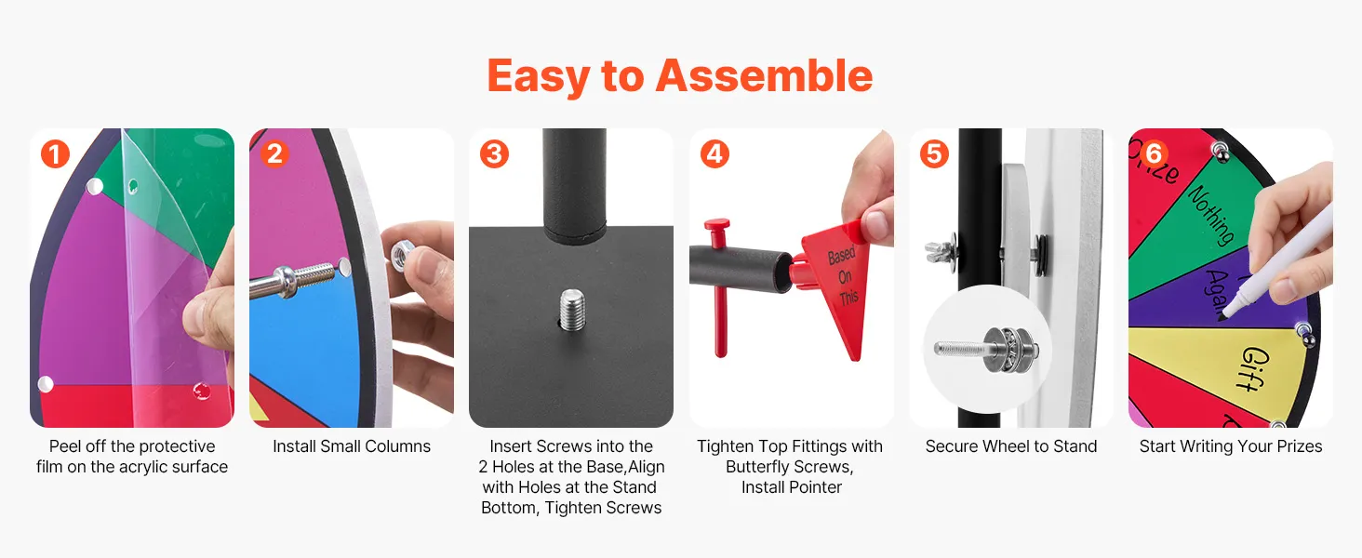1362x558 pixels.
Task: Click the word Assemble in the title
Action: (765, 76)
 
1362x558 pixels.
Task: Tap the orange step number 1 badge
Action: (55, 153)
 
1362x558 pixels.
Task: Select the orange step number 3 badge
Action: (494, 153)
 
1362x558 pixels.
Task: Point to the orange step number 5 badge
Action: (934, 153)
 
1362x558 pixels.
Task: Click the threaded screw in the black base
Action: (571, 310)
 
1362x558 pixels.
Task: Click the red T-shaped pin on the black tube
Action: (719, 286)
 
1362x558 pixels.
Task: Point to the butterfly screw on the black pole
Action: (939, 249)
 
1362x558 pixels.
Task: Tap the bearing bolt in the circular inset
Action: (985, 350)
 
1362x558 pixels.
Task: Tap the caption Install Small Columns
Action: (352, 446)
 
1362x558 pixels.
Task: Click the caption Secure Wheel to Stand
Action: (1011, 446)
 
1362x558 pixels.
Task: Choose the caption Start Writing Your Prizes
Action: (1231, 446)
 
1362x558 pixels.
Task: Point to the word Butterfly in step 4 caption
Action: (755, 467)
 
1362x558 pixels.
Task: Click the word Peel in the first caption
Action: (64, 446)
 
